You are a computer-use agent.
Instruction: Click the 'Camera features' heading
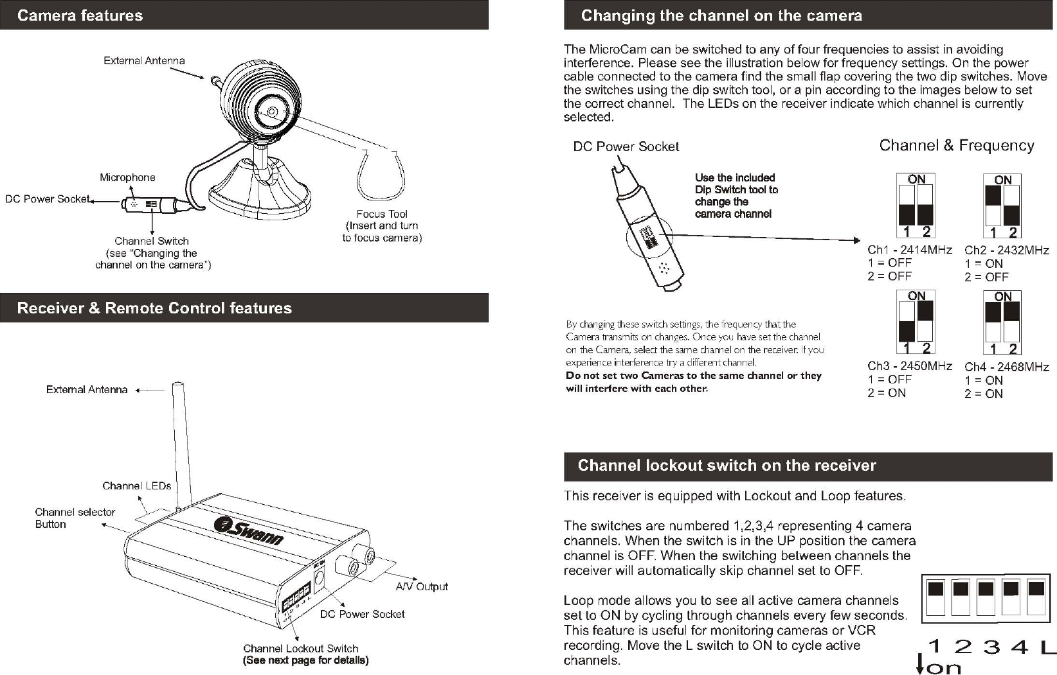point(80,15)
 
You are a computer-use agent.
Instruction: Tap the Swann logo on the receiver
point(249,530)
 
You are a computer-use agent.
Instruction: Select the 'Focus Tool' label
point(382,214)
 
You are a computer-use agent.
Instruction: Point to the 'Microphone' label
point(127,177)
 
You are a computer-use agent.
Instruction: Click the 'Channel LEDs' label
point(137,486)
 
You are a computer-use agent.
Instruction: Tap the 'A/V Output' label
point(422,586)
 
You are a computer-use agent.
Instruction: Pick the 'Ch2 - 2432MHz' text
point(1006,250)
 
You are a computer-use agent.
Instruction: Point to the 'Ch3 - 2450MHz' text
point(909,366)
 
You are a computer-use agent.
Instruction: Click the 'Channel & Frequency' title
point(956,146)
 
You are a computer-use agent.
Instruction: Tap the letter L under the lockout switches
point(1047,647)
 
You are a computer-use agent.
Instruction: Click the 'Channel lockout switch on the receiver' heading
point(727,466)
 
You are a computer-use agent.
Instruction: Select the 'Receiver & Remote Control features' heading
point(154,308)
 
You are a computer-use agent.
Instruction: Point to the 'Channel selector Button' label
point(75,518)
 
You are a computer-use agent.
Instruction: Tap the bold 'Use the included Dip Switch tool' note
point(736,195)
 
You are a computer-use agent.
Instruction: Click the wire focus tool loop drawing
point(382,177)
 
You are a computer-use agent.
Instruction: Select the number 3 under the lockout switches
point(991,647)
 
